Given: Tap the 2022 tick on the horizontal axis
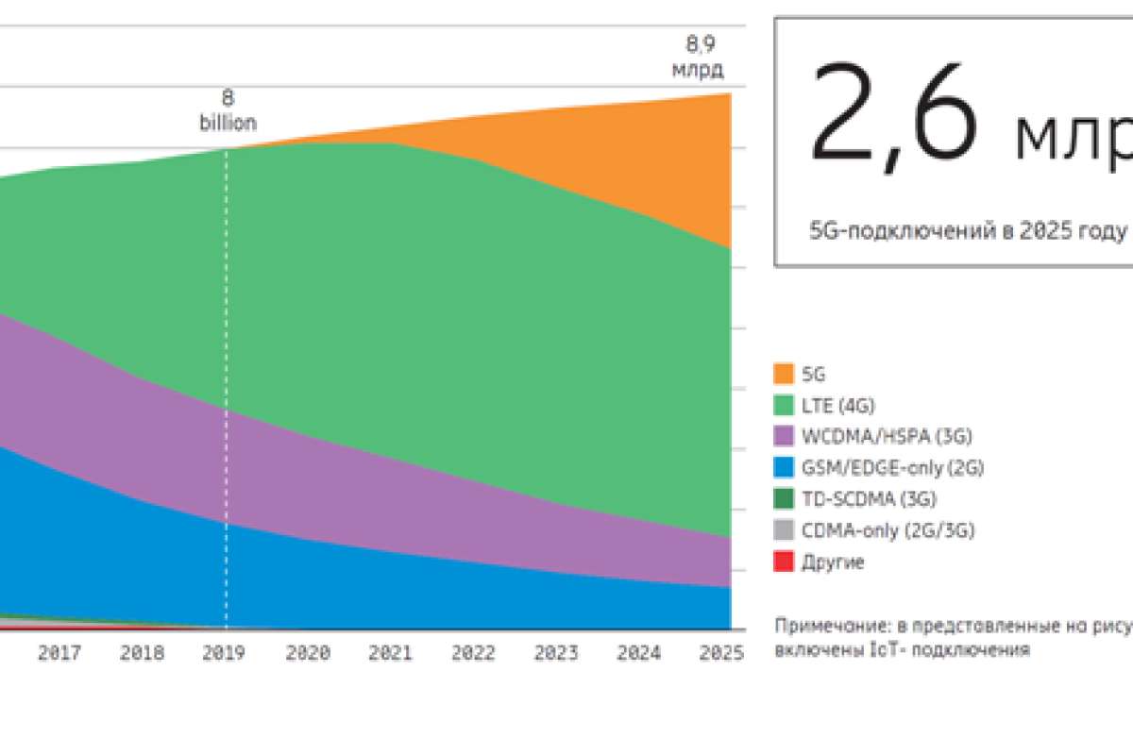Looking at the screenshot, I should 473,652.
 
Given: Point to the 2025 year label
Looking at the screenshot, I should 720,652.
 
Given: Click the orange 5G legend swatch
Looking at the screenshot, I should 784,374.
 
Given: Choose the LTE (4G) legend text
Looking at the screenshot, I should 838,406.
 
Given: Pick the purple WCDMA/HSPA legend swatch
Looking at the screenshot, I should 784,436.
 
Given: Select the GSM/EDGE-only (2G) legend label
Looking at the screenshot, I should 887,467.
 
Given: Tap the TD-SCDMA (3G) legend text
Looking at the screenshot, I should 869,498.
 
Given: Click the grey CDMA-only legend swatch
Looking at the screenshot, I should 784,530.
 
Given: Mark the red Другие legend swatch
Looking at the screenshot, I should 784,562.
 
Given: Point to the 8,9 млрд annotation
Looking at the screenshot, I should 703,57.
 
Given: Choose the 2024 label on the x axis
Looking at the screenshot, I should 638,652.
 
